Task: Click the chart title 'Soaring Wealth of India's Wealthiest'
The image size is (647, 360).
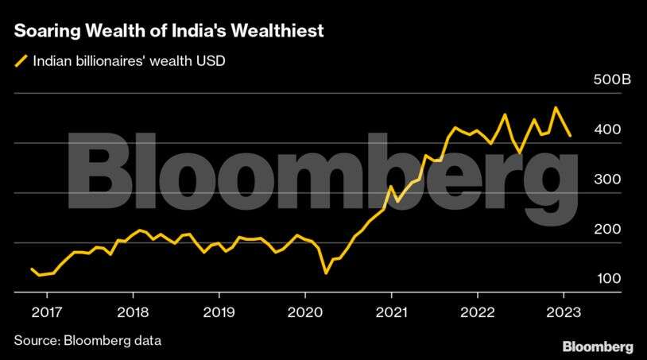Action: (168, 32)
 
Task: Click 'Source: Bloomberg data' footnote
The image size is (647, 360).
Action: (87, 341)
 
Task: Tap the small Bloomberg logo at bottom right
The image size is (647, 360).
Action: (598, 346)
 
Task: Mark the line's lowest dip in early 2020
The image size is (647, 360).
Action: (326, 273)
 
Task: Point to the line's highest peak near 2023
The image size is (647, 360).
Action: (556, 107)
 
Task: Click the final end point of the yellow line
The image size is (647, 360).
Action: (570, 136)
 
